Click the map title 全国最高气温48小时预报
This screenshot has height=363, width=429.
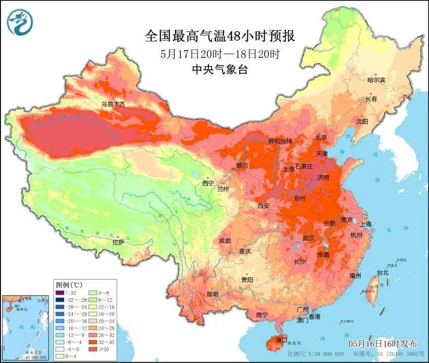pyautogui.click(x=220, y=36)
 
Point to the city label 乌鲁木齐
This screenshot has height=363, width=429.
pyautogui.click(x=112, y=104)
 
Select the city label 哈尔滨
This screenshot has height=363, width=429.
pyautogui.click(x=376, y=80)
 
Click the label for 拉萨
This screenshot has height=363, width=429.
pyautogui.click(x=118, y=242)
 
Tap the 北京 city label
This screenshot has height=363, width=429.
pyautogui.click(x=321, y=137)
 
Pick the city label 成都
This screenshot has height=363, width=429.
pyautogui.click(x=226, y=241)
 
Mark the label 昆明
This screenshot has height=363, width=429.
pyautogui.click(x=212, y=294)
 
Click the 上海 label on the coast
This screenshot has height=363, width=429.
pyautogui.click(x=365, y=224)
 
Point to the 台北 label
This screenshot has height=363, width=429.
pyautogui.click(x=383, y=273)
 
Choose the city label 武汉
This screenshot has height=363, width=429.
pyautogui.click(x=308, y=238)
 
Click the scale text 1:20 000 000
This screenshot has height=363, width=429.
pyautogui.click(x=318, y=354)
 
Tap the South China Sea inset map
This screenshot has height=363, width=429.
pyautogui.click(x=26, y=328)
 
